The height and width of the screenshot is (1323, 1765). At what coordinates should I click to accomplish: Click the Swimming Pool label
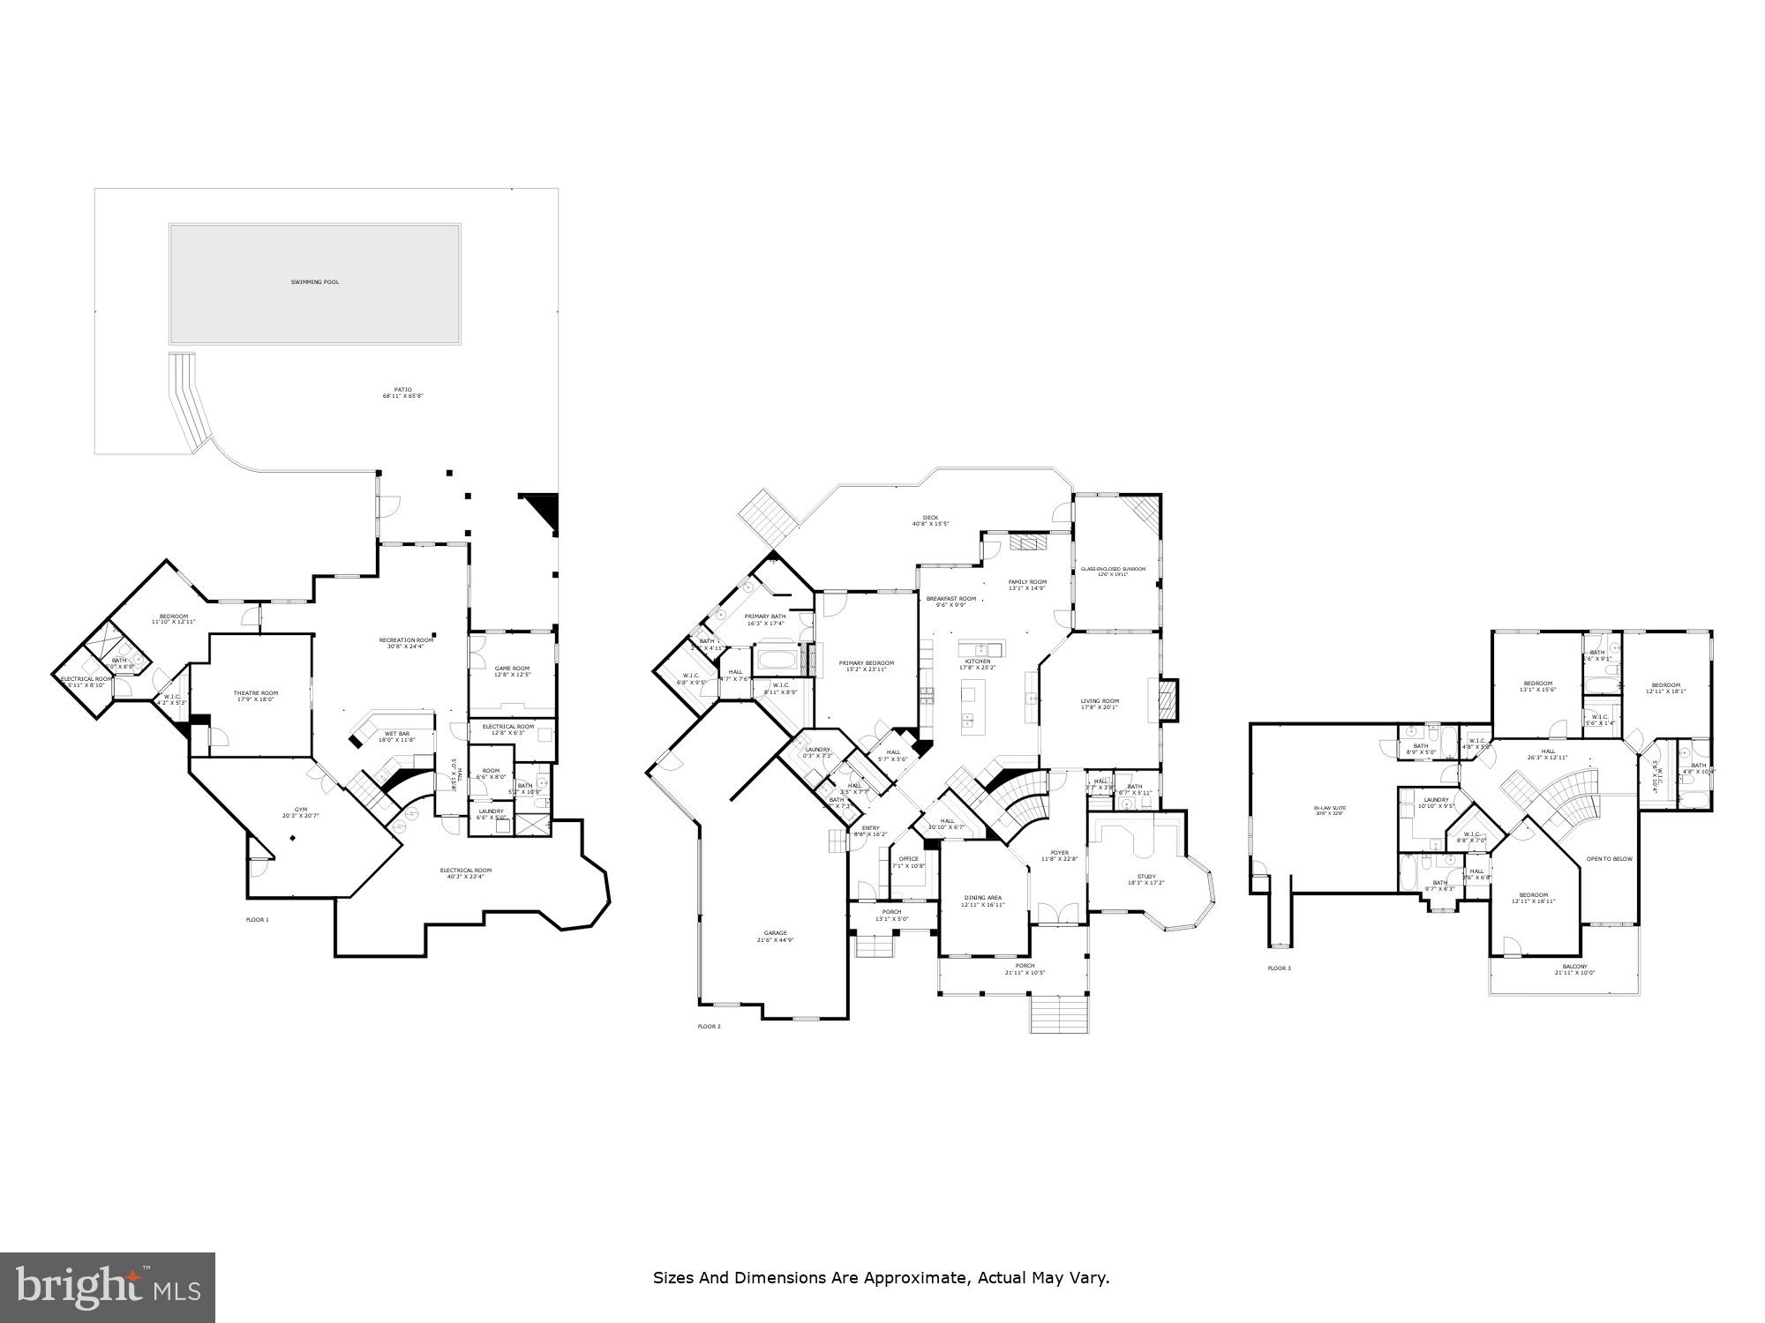[315, 282]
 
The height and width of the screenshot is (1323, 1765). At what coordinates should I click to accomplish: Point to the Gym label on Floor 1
[301, 811]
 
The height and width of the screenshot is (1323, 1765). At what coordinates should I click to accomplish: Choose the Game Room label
[512, 670]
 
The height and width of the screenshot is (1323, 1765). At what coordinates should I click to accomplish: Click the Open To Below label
[1610, 858]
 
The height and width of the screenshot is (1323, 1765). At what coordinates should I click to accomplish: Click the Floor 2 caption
[710, 1027]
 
